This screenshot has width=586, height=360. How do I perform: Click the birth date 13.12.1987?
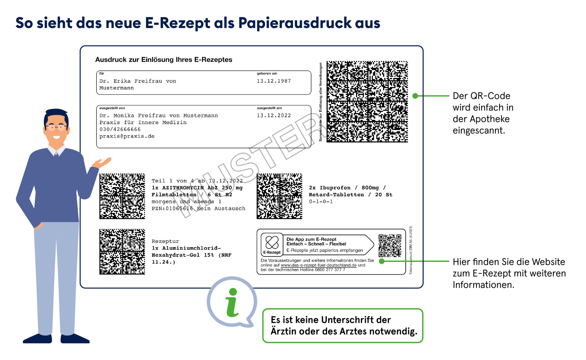tap(273, 81)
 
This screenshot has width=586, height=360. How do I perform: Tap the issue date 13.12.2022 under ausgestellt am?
tap(273, 115)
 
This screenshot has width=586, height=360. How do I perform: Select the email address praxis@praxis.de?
tap(127, 136)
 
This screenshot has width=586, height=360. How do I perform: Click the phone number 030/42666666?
tap(120, 129)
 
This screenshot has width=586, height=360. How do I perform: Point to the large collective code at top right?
tap(367, 102)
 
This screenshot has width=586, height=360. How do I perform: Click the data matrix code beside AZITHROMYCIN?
tap(122, 196)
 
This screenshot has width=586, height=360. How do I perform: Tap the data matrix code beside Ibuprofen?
tap(279, 196)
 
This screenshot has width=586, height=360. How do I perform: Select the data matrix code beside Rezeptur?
tap(122, 251)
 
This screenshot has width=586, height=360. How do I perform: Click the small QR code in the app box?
tap(390, 245)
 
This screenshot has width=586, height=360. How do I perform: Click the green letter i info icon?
tap(232, 302)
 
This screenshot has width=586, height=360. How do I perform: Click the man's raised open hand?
tap(102, 162)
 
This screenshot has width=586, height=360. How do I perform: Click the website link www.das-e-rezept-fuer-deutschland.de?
tap(318, 265)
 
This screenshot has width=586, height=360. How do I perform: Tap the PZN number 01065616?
tap(179, 209)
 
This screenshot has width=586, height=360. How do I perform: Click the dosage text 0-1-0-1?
tap(321, 202)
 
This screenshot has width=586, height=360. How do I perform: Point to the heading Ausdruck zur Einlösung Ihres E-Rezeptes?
tap(164, 60)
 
